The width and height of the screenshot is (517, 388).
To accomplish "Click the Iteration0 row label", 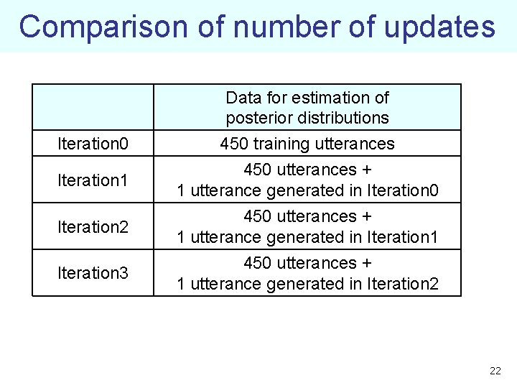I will [93, 144].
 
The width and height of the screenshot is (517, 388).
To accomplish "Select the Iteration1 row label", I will [93, 180].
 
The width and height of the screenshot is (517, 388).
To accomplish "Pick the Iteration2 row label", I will [93, 226].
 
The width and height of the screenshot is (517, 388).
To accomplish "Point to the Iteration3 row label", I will [93, 273].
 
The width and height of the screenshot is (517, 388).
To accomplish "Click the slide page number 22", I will [495, 371].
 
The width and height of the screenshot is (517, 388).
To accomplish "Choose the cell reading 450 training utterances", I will [307, 144].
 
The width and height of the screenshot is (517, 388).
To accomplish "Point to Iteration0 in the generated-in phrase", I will [402, 190].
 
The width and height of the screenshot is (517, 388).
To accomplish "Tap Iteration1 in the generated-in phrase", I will [402, 236].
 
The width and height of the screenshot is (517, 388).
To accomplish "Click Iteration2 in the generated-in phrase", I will [402, 283].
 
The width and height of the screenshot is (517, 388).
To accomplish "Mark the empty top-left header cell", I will [93, 107].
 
